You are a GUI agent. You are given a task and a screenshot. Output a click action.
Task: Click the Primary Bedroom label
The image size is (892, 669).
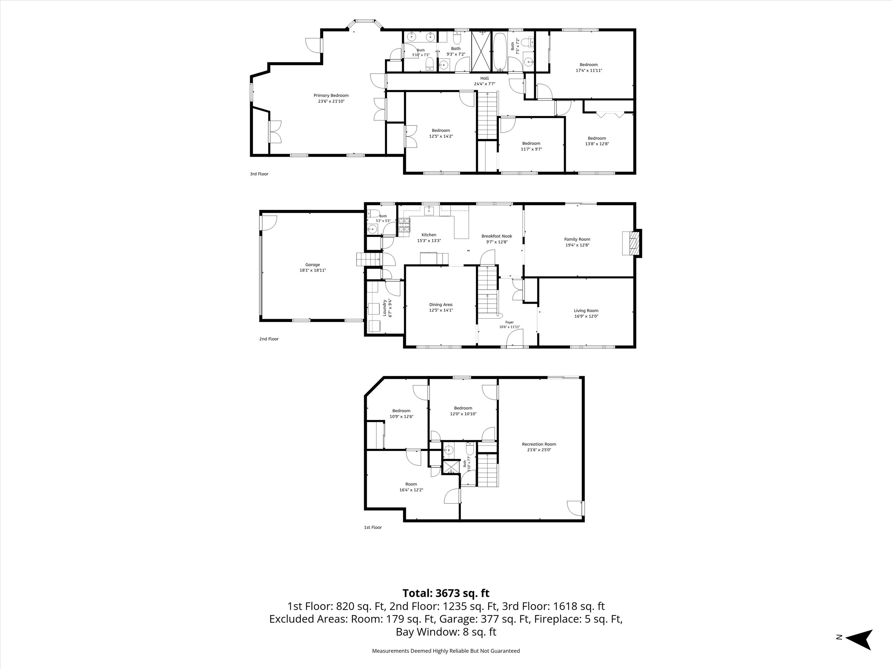(x=331, y=95)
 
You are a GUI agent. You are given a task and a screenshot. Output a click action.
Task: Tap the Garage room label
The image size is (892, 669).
(x=313, y=265)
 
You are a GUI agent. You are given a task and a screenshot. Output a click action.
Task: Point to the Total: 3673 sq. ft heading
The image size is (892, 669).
(x=446, y=593)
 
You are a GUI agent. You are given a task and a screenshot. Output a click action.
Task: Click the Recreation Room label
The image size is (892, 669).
(x=539, y=444)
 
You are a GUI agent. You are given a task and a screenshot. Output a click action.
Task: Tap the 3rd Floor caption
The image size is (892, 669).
(x=259, y=174)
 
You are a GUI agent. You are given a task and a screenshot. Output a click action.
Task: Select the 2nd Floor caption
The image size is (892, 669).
(x=269, y=339)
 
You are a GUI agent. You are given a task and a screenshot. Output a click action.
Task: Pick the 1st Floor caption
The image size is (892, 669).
(x=373, y=527)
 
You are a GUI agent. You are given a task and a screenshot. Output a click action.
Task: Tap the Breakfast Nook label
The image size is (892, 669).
(x=497, y=236)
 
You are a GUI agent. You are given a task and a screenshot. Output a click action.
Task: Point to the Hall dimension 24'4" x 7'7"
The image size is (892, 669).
(x=484, y=84)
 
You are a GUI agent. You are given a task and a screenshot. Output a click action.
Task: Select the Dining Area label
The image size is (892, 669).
(x=441, y=305)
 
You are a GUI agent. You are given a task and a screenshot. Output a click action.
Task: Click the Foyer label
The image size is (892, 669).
(x=510, y=322)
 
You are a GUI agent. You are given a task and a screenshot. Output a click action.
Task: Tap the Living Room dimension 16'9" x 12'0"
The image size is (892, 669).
(x=586, y=316)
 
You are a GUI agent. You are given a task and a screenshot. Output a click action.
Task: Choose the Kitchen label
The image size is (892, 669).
(x=429, y=235)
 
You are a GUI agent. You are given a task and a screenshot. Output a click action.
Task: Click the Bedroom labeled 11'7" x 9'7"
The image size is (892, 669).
(x=531, y=146)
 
